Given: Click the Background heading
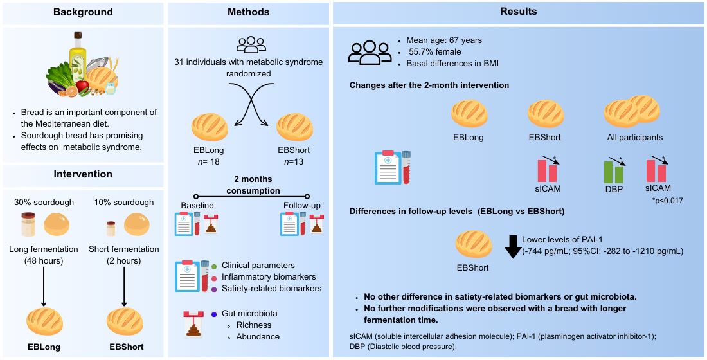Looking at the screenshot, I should pos(83,12).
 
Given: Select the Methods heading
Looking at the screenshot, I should pos(248,12).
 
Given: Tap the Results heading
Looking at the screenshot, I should pos(518,12).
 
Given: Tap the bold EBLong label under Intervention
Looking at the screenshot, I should pos(44,347).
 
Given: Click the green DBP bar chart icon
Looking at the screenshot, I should pos(613,171).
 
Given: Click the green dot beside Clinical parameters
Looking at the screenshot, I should pos(213,265).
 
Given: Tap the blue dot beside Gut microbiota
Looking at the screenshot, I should pos(213,313).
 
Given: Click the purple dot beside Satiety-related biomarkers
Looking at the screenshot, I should pos(213,289).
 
